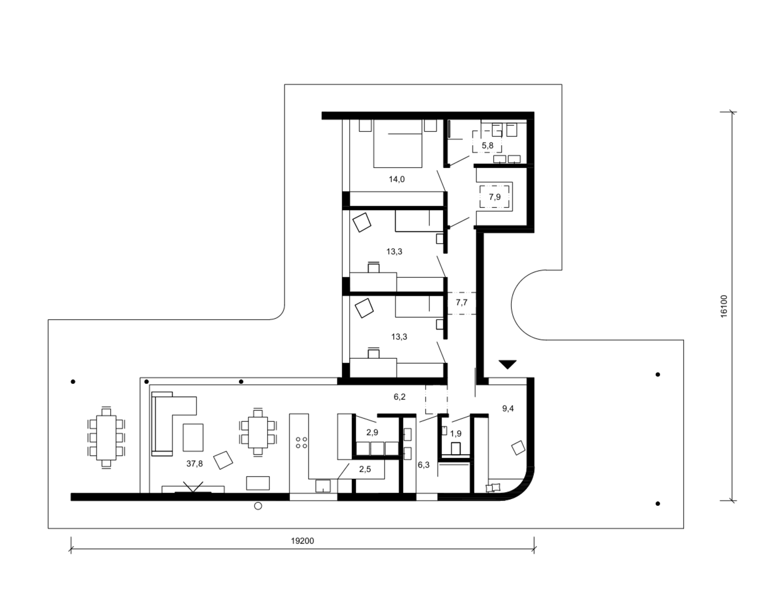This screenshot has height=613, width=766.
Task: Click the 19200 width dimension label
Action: [302, 540]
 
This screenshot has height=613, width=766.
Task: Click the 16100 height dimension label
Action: [724, 306]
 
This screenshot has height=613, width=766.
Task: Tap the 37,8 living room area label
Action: [195, 463]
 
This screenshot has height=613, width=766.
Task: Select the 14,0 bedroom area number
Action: [396, 179]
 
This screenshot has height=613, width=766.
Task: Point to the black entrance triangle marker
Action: [507, 364]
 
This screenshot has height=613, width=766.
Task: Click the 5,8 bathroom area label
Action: [488, 145]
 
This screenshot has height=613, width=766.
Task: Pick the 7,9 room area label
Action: [495, 197]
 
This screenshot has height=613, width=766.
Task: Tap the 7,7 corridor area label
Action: [461, 302]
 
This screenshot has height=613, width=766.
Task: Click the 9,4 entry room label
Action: [508, 409]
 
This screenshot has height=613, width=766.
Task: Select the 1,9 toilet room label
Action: [456, 434]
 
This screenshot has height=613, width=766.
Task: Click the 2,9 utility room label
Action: [372, 432]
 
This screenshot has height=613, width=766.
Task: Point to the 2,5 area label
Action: [365, 469]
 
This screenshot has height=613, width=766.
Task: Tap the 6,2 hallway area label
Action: [399, 397]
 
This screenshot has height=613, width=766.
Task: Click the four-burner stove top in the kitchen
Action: [301, 442]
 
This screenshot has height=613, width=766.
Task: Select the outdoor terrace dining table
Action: [106, 437]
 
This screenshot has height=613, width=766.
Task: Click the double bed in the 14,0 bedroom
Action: [398, 143]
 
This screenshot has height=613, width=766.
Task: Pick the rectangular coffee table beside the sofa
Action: [193, 437]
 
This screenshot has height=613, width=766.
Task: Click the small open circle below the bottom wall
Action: [258, 506]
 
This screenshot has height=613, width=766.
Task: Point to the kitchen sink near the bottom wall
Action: [323, 486]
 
